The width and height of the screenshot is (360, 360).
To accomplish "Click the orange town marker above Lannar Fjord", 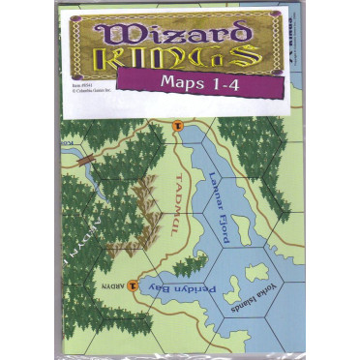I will [177, 126].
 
